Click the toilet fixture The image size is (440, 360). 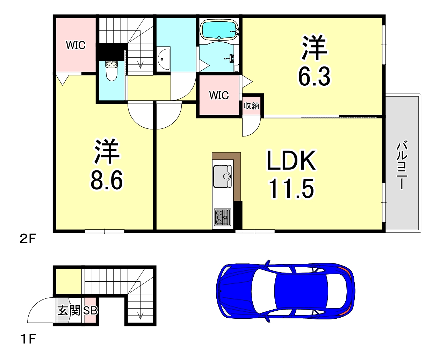click(x=112, y=71)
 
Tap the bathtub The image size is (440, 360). click(x=219, y=30)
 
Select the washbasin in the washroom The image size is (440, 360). click(x=163, y=59)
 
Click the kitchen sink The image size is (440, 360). click(x=222, y=176)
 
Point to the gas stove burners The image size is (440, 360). click(x=222, y=217)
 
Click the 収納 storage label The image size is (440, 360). click(x=251, y=106)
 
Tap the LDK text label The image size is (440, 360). click(x=291, y=160)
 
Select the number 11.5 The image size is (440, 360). click(x=291, y=189)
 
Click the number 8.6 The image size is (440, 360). click(x=107, y=180)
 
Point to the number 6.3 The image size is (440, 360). click(x=314, y=76)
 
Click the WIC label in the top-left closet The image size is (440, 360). click(x=76, y=45)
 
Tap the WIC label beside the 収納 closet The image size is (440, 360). click(x=219, y=96)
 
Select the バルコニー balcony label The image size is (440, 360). click(x=402, y=165)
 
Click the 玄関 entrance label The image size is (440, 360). click(x=69, y=310)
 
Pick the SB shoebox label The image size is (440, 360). click(x=90, y=311)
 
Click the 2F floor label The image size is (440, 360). click(x=28, y=239)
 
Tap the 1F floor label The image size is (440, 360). click(x=28, y=339)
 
